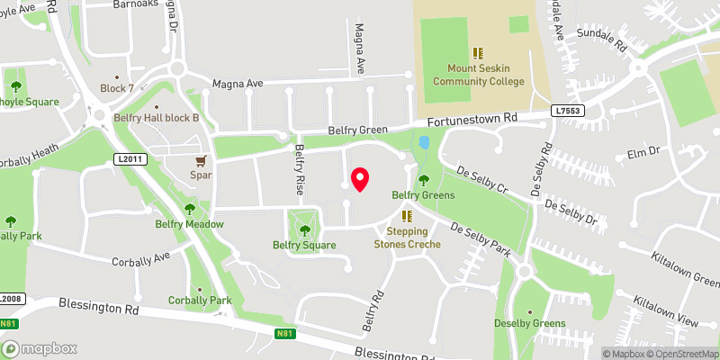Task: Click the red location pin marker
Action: (x=360, y=178)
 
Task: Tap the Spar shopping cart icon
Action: (x=200, y=161)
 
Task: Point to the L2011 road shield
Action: (x=130, y=159)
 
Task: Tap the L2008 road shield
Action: (x=10, y=299)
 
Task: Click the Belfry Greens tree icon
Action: (x=423, y=180)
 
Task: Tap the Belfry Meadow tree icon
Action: (x=189, y=210)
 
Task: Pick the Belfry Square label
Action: (x=304, y=245)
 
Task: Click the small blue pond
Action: (x=425, y=143)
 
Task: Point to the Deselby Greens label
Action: (x=530, y=323)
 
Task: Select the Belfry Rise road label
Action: (x=300, y=172)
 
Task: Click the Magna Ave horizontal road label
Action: (x=238, y=84)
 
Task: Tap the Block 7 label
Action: (x=117, y=88)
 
